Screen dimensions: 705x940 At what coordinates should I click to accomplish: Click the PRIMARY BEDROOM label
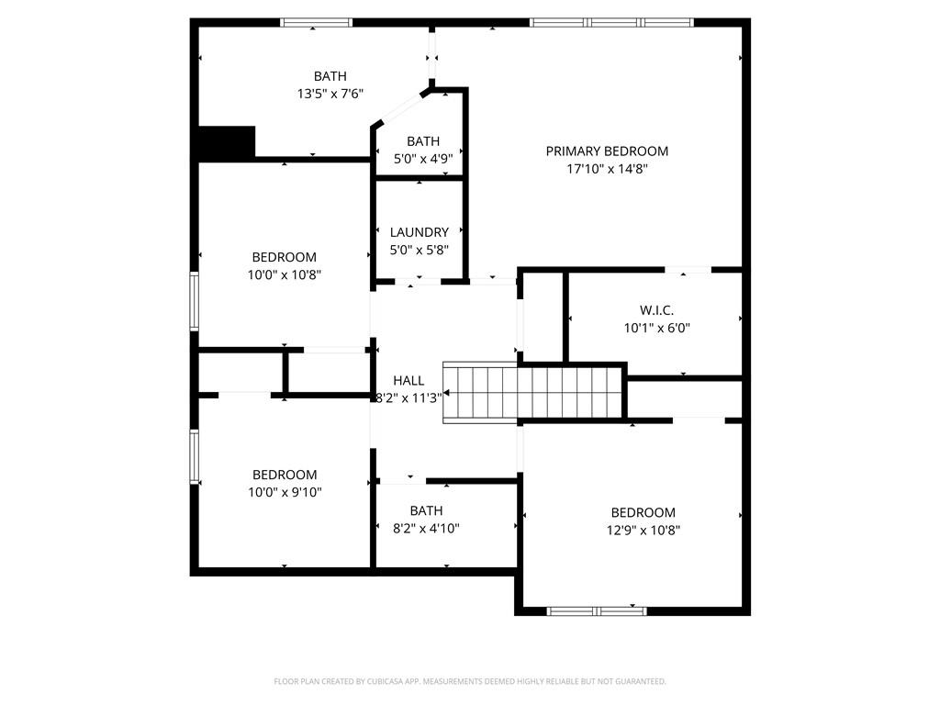click(x=607, y=151)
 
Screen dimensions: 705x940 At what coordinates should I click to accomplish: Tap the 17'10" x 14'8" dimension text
click(x=607, y=169)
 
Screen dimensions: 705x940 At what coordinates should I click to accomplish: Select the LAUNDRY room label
click(x=419, y=233)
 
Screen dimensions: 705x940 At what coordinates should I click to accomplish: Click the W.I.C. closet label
click(x=656, y=311)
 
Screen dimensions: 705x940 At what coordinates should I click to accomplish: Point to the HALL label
click(x=408, y=381)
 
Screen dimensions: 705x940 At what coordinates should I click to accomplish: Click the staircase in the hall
click(x=532, y=392)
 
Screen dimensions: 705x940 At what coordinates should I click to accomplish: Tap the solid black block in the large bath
click(x=227, y=141)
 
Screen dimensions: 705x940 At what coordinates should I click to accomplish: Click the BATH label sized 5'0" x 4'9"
click(x=423, y=141)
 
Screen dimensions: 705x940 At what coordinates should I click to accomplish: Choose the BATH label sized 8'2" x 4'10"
click(x=426, y=511)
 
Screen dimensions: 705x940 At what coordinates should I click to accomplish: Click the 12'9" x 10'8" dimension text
click(x=643, y=530)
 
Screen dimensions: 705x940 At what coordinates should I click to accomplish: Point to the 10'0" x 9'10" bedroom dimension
click(x=285, y=492)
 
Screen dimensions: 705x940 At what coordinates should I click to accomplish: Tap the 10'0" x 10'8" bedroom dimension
click(x=285, y=274)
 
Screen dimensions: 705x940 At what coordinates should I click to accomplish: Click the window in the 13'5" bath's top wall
click(x=316, y=22)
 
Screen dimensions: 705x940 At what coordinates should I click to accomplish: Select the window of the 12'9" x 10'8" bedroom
click(x=596, y=610)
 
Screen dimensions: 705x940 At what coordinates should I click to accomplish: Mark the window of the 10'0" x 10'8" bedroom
click(x=195, y=301)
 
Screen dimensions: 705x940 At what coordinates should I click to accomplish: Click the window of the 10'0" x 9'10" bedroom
click(x=195, y=456)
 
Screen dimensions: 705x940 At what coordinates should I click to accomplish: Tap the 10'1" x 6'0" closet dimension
click(x=656, y=328)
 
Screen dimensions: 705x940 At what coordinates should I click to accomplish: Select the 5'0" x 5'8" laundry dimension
click(x=419, y=250)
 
